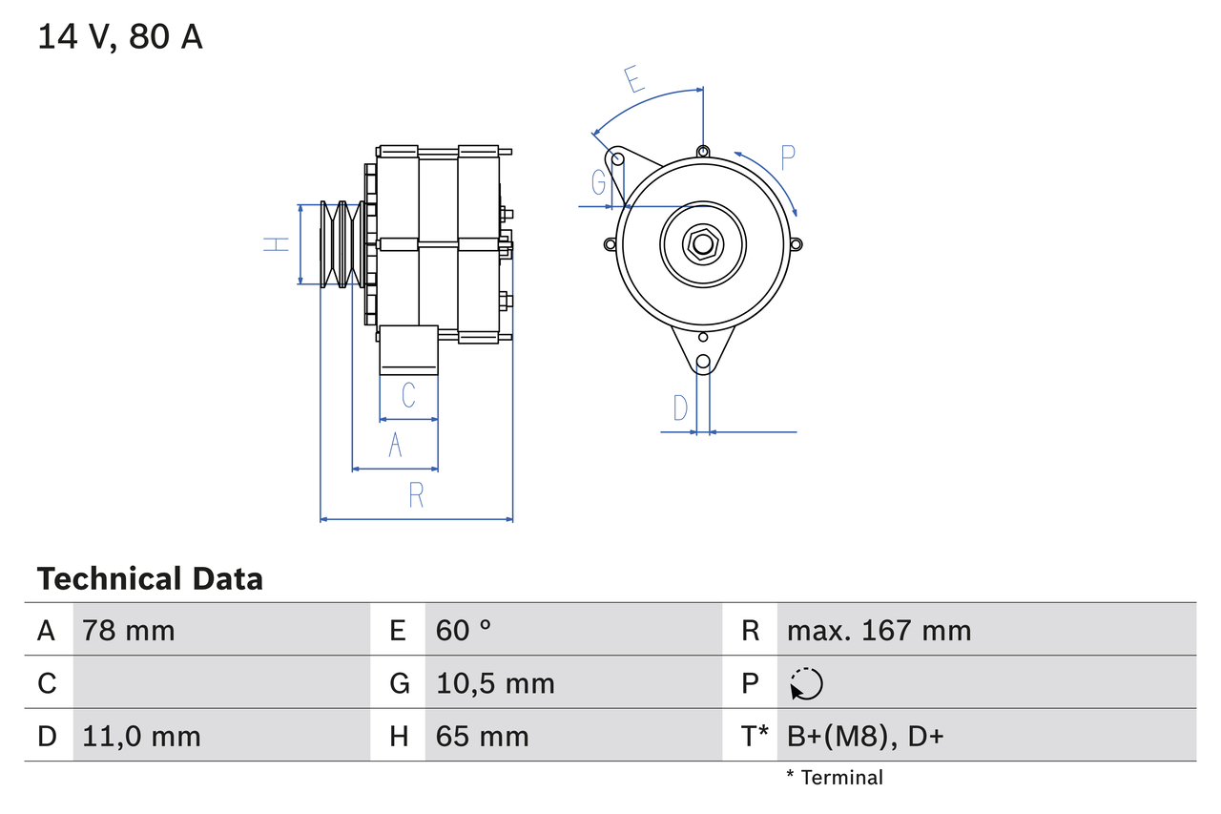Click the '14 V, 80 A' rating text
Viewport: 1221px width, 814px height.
pyautogui.click(x=120, y=37)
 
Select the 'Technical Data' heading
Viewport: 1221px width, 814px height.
pyautogui.click(x=150, y=578)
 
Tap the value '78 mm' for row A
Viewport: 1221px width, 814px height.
pyautogui.click(x=129, y=630)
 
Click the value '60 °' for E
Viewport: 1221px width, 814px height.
pyautogui.click(x=464, y=630)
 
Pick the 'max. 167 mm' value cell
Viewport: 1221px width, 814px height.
pyautogui.click(x=879, y=630)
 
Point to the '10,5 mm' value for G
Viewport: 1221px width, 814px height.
pyautogui.click(x=495, y=683)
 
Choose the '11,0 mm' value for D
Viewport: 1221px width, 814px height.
pyautogui.click(x=141, y=736)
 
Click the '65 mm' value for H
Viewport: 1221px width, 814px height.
pyautogui.click(x=482, y=736)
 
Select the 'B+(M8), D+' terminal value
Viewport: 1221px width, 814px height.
pyautogui.click(x=865, y=736)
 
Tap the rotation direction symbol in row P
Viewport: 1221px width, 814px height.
pyautogui.click(x=806, y=683)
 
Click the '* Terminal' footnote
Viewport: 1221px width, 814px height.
pyautogui.click(x=835, y=777)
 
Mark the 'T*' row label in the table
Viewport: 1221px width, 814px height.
pyautogui.click(x=755, y=736)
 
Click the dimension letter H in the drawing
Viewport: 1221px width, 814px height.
pyautogui.click(x=276, y=244)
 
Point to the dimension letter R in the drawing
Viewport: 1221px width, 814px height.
pyautogui.click(x=416, y=494)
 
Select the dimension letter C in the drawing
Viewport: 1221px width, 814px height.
pyautogui.click(x=408, y=394)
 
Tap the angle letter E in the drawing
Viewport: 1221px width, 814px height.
pyautogui.click(x=633, y=80)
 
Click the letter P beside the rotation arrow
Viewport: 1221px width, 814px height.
pyautogui.click(x=787, y=157)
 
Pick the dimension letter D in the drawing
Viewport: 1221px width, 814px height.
pyautogui.click(x=680, y=407)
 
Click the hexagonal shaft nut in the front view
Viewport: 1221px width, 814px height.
pyautogui.click(x=702, y=244)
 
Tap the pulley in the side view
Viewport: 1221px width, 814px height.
pyautogui.click(x=341, y=244)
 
